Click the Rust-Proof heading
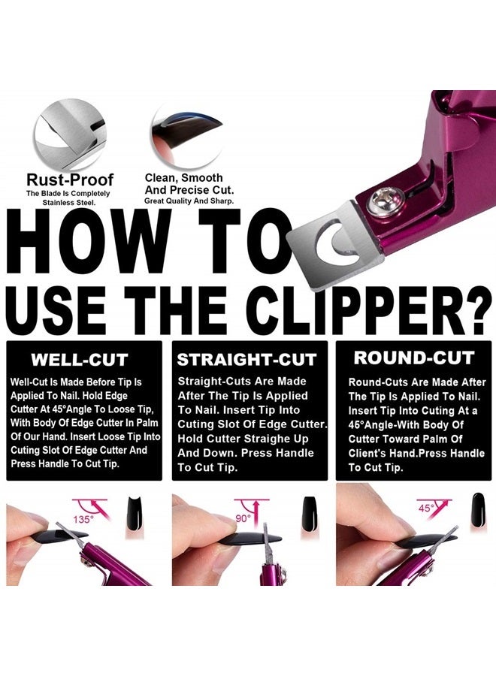(x=70, y=180)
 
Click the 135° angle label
(x=83, y=519)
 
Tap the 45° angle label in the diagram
(x=427, y=509)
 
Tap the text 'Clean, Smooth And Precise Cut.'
(x=183, y=184)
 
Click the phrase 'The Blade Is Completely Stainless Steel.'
(x=69, y=198)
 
